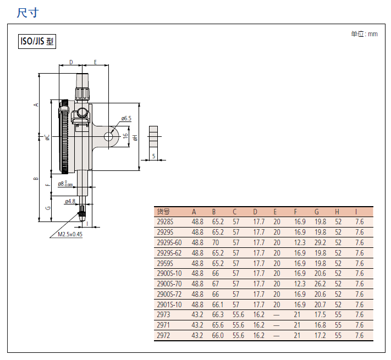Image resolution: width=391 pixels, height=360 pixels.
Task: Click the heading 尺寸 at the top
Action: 27,13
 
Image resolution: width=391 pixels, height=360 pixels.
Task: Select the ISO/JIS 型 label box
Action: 37,41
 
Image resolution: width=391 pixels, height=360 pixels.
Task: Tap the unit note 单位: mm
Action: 364,34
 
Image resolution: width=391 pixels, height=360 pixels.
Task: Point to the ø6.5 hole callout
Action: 126,118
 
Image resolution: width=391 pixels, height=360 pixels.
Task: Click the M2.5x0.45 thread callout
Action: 70,234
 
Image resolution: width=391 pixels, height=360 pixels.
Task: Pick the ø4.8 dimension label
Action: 70,201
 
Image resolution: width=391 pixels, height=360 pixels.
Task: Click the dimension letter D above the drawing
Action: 71,62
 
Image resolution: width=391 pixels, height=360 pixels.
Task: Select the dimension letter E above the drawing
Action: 95,62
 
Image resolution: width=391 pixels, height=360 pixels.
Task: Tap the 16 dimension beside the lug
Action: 125,136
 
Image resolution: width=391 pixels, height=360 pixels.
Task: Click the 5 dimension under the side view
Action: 153,156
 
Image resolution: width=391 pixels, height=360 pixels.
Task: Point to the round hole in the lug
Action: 108,136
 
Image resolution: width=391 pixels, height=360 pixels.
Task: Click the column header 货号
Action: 163,212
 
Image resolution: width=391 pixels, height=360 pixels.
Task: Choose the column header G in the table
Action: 316,212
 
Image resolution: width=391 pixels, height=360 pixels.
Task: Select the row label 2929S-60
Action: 169,242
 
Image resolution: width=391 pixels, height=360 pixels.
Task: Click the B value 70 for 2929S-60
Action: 216,242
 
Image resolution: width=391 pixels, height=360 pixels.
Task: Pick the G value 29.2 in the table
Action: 320,242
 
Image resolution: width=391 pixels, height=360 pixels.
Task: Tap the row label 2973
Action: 163,315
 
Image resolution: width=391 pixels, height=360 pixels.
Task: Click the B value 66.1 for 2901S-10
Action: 218,304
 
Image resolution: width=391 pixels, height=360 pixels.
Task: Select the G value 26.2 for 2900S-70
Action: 320,284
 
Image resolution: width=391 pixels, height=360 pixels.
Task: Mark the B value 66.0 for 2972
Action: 218,335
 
